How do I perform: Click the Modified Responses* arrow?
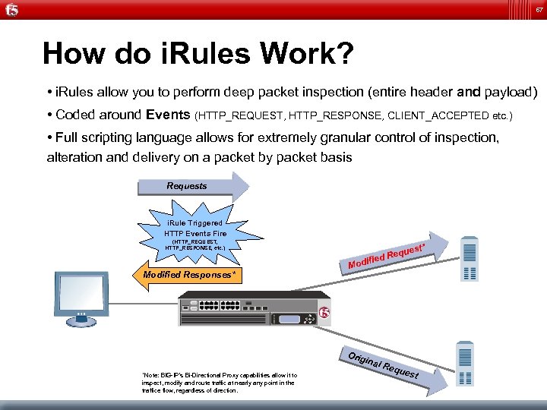(x=186, y=273)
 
